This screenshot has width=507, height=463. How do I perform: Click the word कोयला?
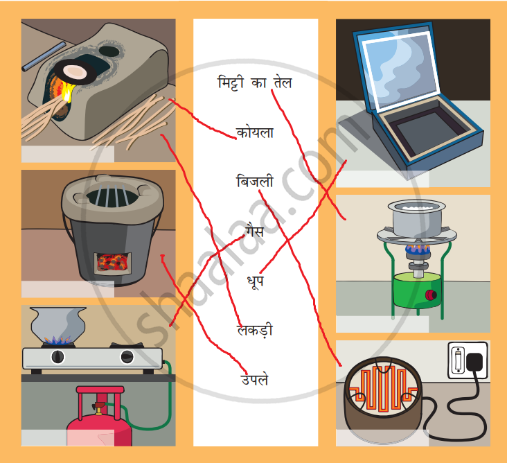254,132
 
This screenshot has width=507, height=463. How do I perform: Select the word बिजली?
254,182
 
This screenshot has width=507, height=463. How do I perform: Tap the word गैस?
254,231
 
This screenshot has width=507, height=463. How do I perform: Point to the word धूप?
254,281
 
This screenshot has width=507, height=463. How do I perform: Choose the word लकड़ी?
254,331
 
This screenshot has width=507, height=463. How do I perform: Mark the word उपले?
254,379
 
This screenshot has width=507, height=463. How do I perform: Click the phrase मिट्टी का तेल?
254,82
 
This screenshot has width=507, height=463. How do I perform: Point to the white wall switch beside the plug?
459,360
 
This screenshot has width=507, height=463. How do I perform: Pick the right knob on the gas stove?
127,357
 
